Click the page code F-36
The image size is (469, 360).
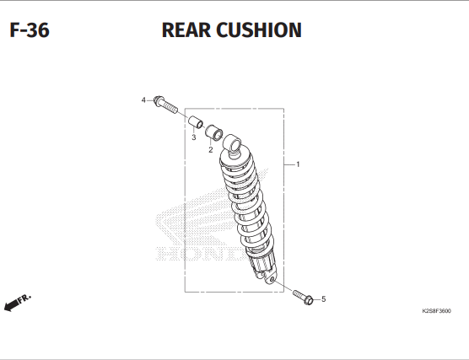[30, 30]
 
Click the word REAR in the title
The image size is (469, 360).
[186, 30]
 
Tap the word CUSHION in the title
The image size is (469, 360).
[259, 30]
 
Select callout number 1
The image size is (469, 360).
[298, 164]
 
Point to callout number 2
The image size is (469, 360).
[211, 150]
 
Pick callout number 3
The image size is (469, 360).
[194, 137]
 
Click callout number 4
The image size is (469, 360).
[143, 100]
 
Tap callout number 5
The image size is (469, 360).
[324, 299]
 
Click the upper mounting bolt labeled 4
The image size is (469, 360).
[165, 104]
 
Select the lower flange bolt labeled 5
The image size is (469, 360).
[303, 298]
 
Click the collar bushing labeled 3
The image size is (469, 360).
[196, 121]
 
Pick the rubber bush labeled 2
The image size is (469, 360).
[213, 132]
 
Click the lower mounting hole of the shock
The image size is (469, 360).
[272, 280]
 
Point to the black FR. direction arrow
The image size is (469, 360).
[11, 305]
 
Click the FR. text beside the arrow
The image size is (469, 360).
[24, 298]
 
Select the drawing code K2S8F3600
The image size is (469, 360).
[436, 311]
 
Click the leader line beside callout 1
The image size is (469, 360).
[289, 164]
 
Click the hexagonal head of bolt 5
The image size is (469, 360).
[309, 300]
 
